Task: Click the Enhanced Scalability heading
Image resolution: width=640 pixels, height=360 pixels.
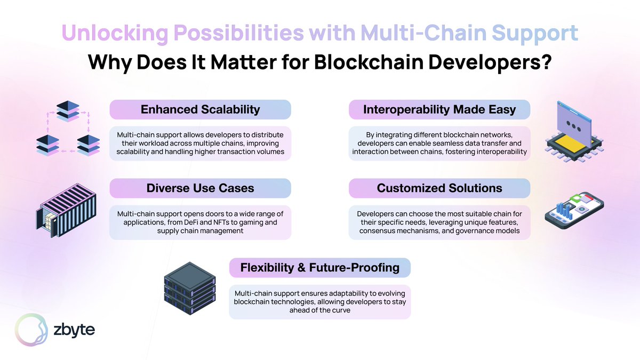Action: [x=200, y=109]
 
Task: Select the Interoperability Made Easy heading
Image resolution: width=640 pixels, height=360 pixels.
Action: [x=439, y=109]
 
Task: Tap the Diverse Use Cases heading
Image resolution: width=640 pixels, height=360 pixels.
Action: [x=200, y=188]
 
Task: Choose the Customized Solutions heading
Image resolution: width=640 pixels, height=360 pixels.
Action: [x=439, y=188]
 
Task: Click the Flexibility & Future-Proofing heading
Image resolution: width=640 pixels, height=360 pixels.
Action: [x=319, y=267]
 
